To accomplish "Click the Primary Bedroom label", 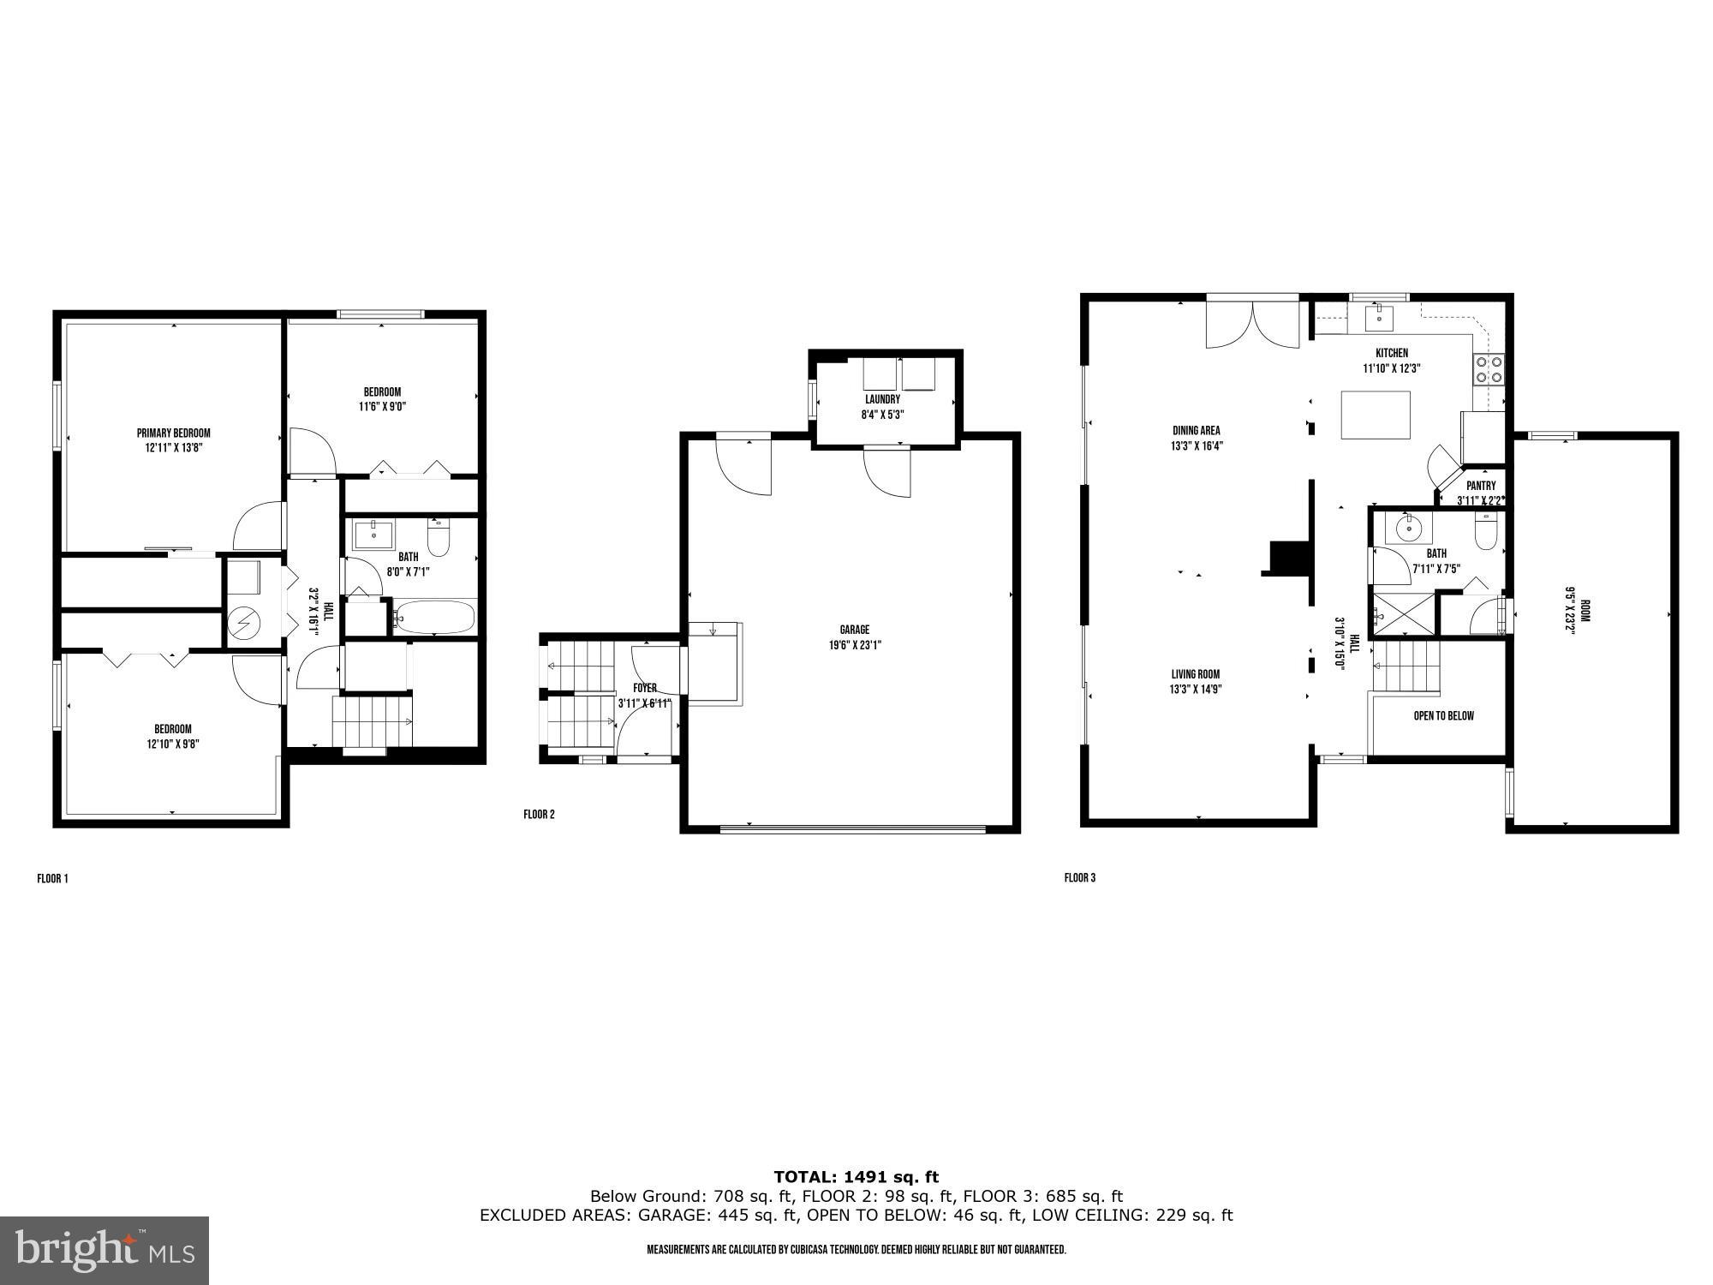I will coord(173,433).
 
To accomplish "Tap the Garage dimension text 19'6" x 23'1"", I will coord(854,645).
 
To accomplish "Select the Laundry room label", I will coord(882,399).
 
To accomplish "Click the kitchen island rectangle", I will coord(1375,415).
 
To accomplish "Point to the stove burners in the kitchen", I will coord(1489,368).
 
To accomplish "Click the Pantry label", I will coord(1481,486).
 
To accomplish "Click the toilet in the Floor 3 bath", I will coord(1486,535).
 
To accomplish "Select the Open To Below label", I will coord(1443,715).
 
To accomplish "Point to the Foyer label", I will coord(645,688).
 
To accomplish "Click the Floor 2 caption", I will coord(539,815).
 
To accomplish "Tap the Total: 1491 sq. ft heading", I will coord(856,1177).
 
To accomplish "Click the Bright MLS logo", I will coord(104,1251).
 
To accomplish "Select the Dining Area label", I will coord(1196,431).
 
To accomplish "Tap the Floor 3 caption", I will coord(1079,878).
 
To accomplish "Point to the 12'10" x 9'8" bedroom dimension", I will coord(173,744).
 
